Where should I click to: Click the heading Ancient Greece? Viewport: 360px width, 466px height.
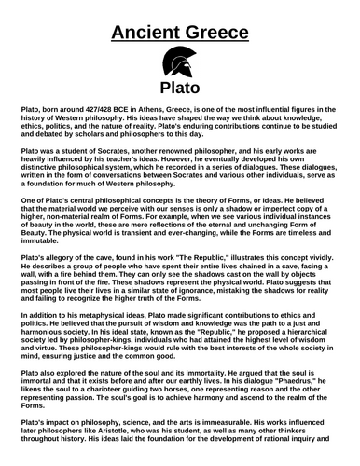[179, 34]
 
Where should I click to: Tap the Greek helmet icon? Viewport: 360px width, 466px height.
[179, 66]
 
